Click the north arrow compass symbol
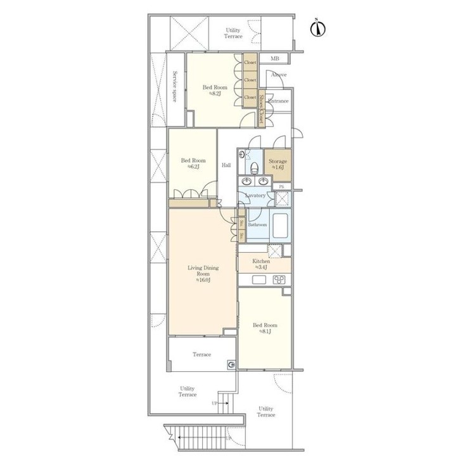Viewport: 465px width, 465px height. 319,29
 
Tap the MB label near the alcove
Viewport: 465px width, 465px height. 274,59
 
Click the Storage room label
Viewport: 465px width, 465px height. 278,162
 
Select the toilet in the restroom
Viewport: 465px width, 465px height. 253,167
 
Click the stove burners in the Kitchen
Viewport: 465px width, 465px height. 279,280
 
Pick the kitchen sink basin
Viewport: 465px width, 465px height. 258,280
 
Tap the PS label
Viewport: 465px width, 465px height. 282,186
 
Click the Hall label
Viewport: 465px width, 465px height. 226,165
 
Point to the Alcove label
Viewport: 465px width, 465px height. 278,75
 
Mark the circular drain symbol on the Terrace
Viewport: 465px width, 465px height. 231,364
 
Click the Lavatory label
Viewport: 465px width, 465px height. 256,196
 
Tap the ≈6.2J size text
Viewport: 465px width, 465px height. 193,167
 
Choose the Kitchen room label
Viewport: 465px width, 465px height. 261,261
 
